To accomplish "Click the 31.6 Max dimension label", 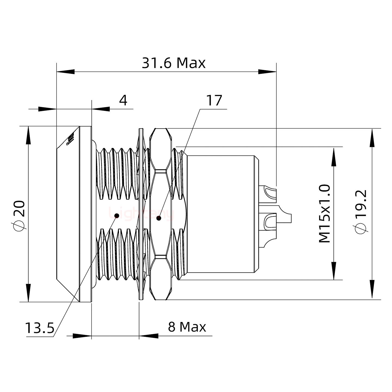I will click(x=173, y=63).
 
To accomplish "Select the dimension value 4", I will click(x=123, y=100).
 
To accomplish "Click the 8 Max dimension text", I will click(x=187, y=327).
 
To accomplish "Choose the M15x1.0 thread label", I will click(x=324, y=214).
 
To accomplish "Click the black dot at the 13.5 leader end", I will click(x=117, y=216).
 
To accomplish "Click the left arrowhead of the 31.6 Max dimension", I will click(x=65, y=72).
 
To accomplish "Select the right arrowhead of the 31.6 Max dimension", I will click(x=267, y=72).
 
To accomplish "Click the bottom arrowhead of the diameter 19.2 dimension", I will click(x=372, y=291).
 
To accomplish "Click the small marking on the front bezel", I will click(x=71, y=139).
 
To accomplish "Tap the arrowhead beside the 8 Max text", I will click(x=149, y=336).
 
